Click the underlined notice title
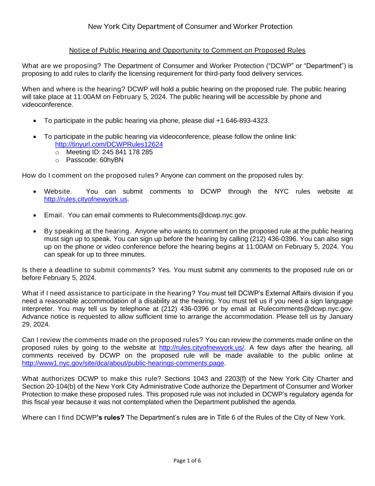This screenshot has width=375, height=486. (x=187, y=50)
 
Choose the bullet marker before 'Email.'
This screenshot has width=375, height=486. (x=36, y=216)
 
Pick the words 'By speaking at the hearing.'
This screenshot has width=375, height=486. (x=87, y=231)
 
